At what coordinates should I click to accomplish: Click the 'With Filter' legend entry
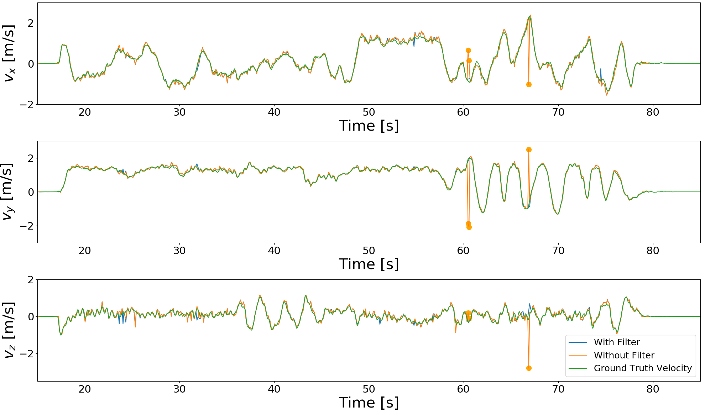(x=616, y=342)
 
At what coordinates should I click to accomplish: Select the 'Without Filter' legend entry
(x=624, y=355)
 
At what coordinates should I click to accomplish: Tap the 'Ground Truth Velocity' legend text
(x=642, y=368)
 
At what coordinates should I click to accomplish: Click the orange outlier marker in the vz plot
(x=529, y=368)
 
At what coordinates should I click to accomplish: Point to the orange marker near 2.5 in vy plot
(x=529, y=149)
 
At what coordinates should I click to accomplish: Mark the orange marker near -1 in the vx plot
(x=529, y=84)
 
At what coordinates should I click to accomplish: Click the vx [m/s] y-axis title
(x=9, y=53)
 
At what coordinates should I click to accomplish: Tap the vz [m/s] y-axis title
(x=9, y=330)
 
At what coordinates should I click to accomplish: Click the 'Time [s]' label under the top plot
(x=369, y=126)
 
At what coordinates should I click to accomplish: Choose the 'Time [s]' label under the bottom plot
(x=369, y=403)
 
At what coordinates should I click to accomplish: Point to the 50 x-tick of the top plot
(x=369, y=112)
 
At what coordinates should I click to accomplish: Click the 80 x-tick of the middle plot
(x=653, y=251)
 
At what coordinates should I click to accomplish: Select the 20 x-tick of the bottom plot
(x=85, y=389)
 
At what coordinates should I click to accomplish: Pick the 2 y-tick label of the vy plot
(x=31, y=158)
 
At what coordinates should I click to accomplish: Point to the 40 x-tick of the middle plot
(x=274, y=251)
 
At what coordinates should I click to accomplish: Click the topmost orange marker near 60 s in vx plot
(x=468, y=50)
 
